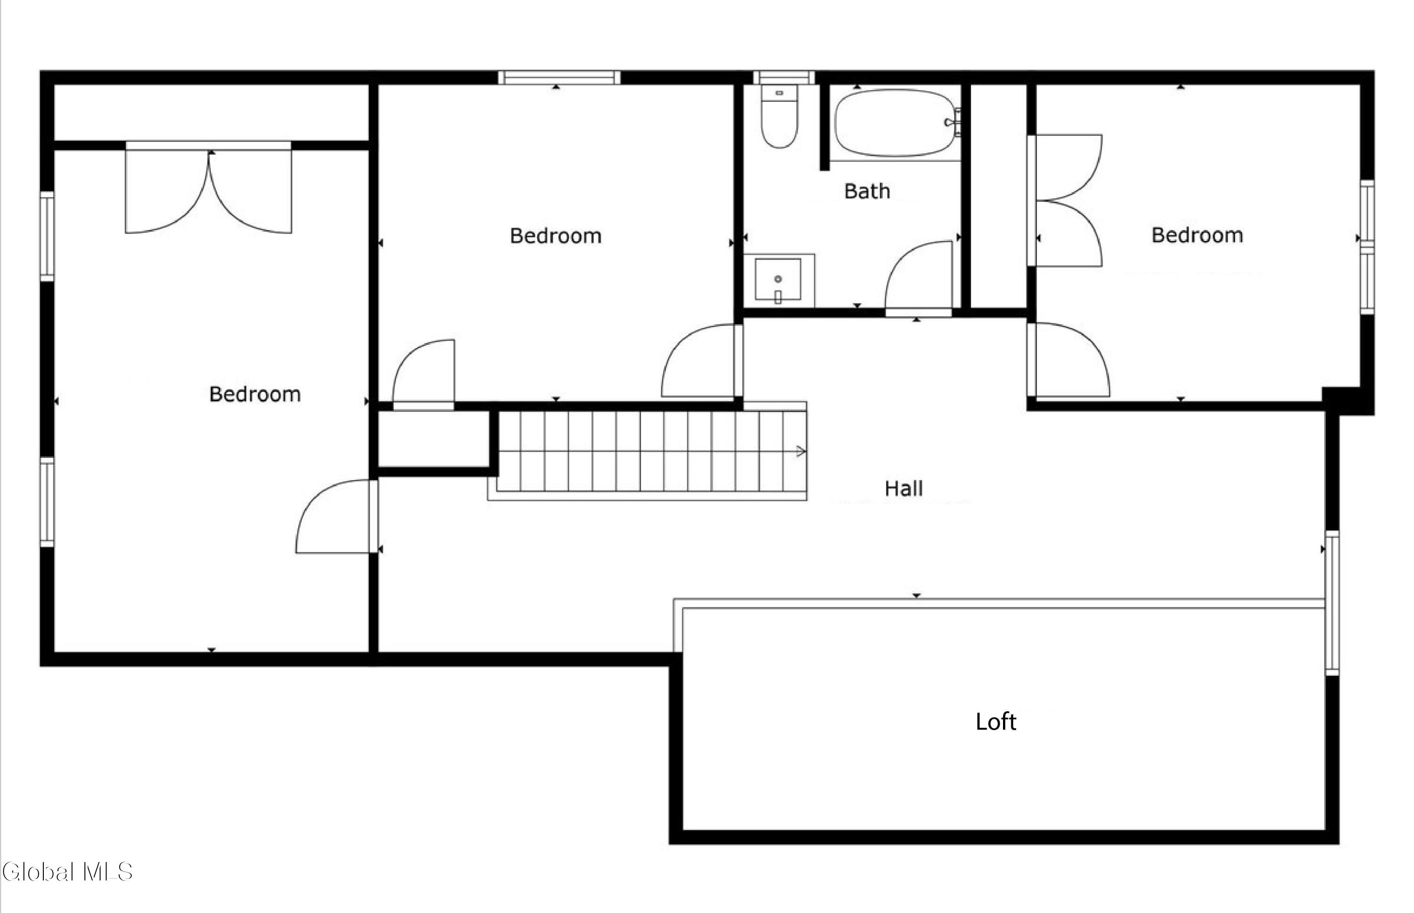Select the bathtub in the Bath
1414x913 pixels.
[896, 123]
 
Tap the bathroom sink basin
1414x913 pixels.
[778, 279]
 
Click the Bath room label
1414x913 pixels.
[867, 191]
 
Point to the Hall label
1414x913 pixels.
[904, 489]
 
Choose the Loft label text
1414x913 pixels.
[996, 722]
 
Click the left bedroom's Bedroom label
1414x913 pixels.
[255, 394]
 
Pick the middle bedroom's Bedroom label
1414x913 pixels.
[556, 236]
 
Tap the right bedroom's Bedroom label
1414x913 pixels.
[1197, 235]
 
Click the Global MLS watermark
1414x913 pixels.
[67, 871]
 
